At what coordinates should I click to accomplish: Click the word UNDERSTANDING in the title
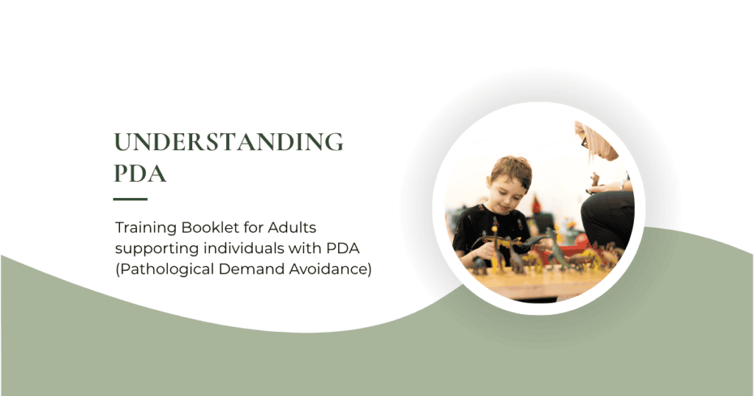click(x=228, y=142)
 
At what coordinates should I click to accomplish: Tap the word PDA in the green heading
click(x=140, y=174)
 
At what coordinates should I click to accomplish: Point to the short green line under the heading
click(x=130, y=199)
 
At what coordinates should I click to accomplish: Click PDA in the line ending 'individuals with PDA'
click(x=343, y=248)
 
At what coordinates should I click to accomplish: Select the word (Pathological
click(x=164, y=269)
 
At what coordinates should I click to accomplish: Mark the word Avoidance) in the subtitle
click(x=330, y=269)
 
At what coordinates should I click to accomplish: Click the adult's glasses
click(x=584, y=143)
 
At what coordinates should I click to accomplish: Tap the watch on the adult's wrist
click(x=622, y=185)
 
